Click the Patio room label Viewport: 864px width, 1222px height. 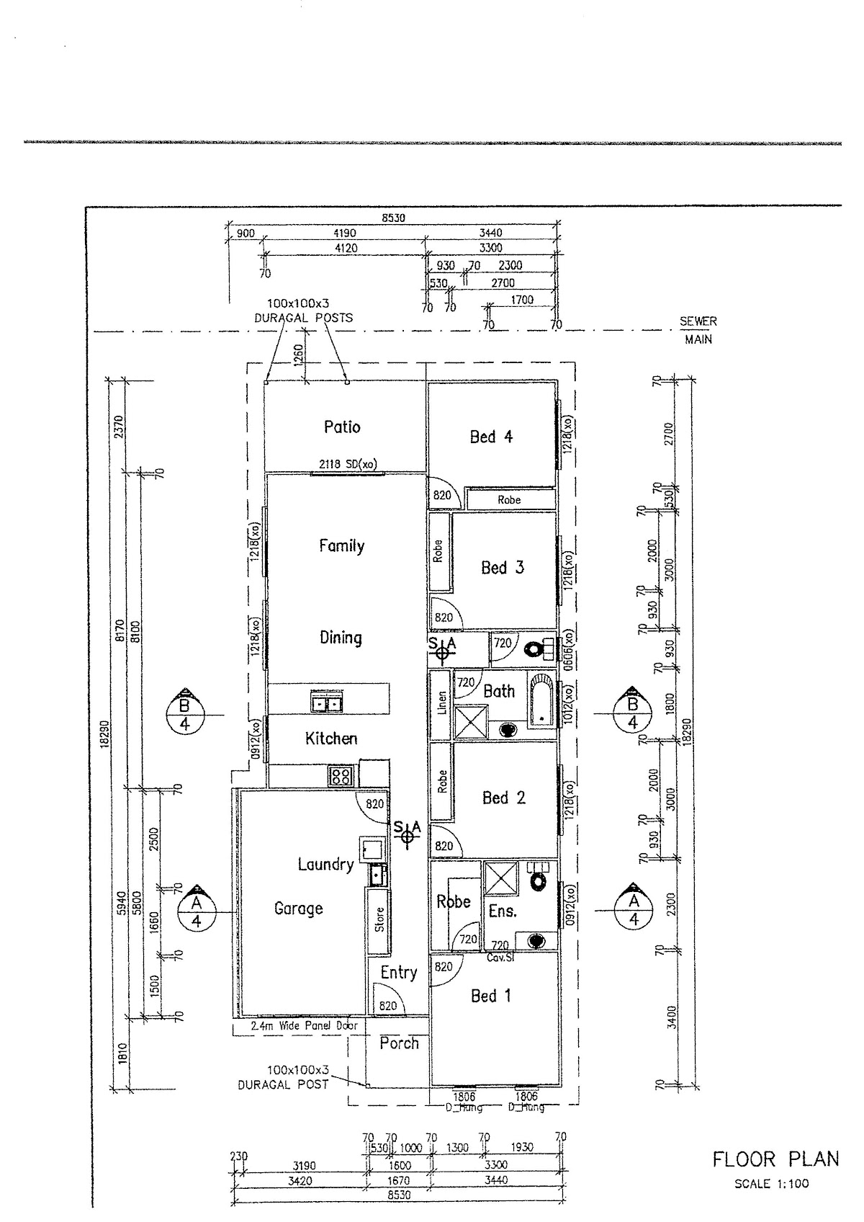pyautogui.click(x=342, y=427)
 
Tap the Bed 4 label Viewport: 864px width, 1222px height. pyautogui.click(x=491, y=437)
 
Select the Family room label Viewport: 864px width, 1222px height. pyautogui.click(x=341, y=546)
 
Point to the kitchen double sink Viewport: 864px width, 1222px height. pyautogui.click(x=328, y=702)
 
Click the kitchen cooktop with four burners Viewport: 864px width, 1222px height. pyautogui.click(x=341, y=775)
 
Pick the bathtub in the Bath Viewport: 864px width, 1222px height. pyautogui.click(x=540, y=699)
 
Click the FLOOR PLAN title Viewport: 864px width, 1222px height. pyautogui.click(x=775, y=1159)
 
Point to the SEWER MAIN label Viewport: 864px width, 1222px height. pyautogui.click(x=698, y=330)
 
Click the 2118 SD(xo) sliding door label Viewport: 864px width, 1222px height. pyautogui.click(x=348, y=465)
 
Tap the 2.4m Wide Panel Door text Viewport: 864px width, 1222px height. pyautogui.click(x=304, y=1026)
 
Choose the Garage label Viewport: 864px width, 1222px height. pyautogui.click(x=298, y=909)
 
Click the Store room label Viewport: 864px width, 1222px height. pyautogui.click(x=379, y=919)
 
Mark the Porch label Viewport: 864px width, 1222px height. pyautogui.click(x=399, y=1043)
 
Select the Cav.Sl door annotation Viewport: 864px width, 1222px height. pyautogui.click(x=499, y=958)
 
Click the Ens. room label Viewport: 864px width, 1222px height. pyautogui.click(x=503, y=911)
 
